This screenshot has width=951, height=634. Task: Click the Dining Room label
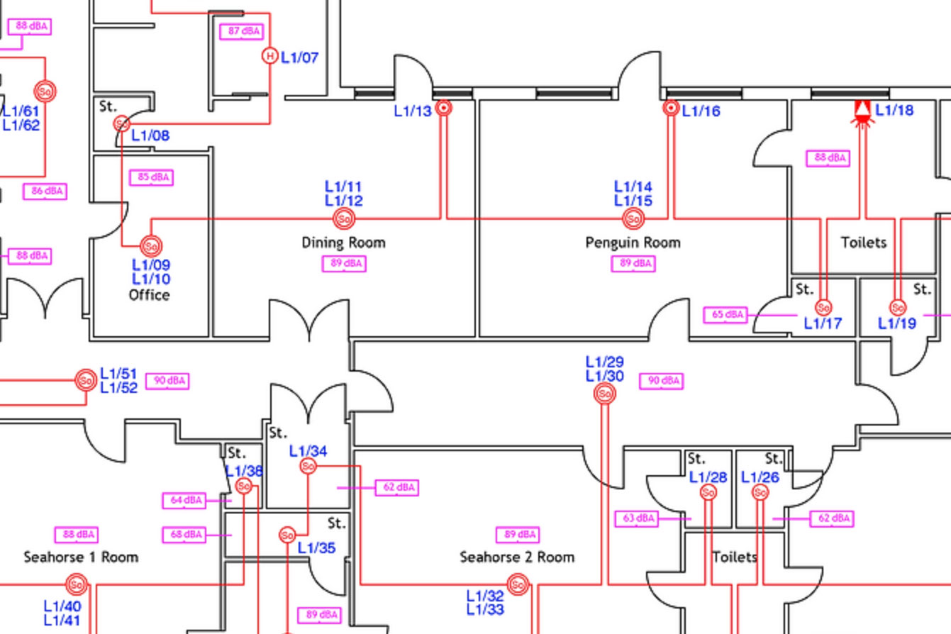pyautogui.click(x=344, y=243)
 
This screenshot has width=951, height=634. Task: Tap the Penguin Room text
pyautogui.click(x=633, y=243)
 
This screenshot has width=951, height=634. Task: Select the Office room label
pyautogui.click(x=149, y=295)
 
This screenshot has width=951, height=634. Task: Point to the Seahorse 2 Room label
pyautogui.click(x=517, y=557)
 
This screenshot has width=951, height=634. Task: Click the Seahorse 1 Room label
pyautogui.click(x=81, y=557)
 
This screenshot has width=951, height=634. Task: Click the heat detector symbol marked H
pyautogui.click(x=269, y=55)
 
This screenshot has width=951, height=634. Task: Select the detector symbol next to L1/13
pyautogui.click(x=444, y=108)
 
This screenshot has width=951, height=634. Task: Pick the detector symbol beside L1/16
pyautogui.click(x=671, y=108)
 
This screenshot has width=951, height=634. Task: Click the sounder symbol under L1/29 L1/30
pyautogui.click(x=604, y=394)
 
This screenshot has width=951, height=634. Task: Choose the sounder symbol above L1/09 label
pyautogui.click(x=151, y=246)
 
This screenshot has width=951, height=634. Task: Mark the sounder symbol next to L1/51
pyautogui.click(x=87, y=380)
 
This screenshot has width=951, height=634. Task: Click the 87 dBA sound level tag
pyautogui.click(x=242, y=32)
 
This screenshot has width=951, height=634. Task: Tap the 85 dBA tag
pyautogui.click(x=152, y=177)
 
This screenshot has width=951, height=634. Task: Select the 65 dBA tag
pyautogui.click(x=725, y=314)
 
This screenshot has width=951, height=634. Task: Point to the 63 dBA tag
pyautogui.click(x=636, y=518)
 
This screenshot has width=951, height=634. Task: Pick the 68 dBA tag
pyautogui.click(x=184, y=534)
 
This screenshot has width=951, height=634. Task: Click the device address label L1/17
pyautogui.click(x=823, y=324)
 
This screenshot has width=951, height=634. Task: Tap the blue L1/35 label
pyautogui.click(x=316, y=547)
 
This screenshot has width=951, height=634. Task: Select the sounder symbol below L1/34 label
pyautogui.click(x=308, y=466)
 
